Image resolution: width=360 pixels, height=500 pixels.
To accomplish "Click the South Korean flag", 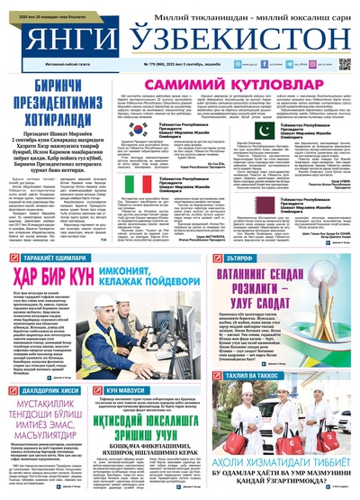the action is pos(131,128).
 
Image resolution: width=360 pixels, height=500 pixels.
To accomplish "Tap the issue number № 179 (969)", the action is pos(157,67).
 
